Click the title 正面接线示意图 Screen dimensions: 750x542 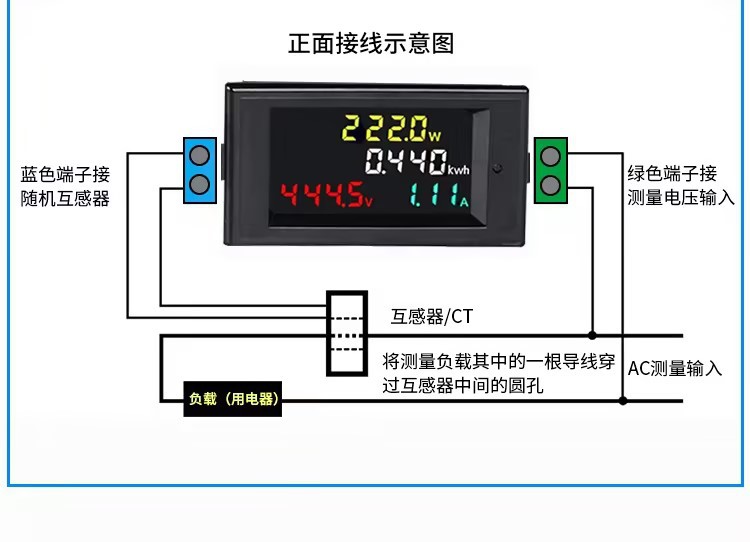tap(371, 44)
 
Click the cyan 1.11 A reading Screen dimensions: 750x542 tap(437, 195)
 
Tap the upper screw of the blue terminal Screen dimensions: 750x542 tap(200, 156)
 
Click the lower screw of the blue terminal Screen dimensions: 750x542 tap(200, 183)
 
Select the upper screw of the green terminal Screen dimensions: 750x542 tap(549, 156)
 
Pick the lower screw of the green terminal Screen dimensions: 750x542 tap(549, 184)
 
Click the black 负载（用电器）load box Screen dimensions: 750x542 tap(232, 400)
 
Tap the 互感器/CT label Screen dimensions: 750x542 tap(431, 317)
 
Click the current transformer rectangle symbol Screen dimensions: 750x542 tap(345, 334)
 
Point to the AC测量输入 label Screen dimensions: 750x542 tap(675, 368)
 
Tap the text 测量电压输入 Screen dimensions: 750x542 tap(680, 197)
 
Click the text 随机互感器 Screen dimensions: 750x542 tap(66, 198)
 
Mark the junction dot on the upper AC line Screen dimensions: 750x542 tap(593, 335)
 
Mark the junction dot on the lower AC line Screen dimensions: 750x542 tap(623, 401)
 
